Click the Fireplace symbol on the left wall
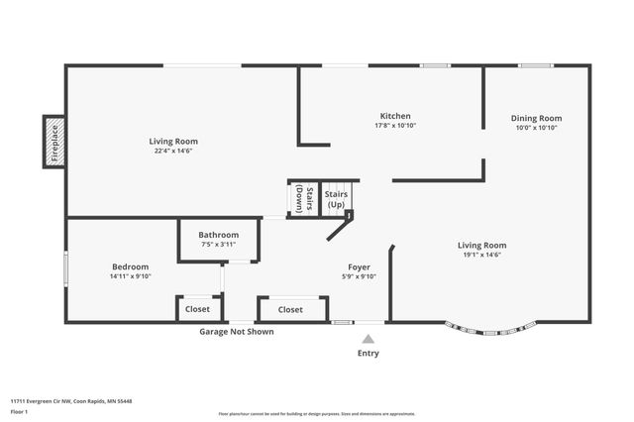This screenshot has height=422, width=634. (x=53, y=142)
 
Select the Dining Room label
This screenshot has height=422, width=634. (x=536, y=118)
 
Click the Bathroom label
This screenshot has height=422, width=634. (x=218, y=235)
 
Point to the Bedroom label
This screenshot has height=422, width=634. (x=130, y=266)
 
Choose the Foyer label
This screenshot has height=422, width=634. (x=359, y=266)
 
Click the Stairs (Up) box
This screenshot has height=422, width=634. (x=337, y=198)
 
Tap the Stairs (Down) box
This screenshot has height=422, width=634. (x=304, y=199)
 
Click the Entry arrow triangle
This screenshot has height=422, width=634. (x=368, y=339)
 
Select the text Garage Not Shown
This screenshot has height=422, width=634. (x=237, y=332)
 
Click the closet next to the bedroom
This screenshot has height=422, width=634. (x=198, y=309)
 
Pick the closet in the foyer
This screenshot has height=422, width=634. (x=290, y=309)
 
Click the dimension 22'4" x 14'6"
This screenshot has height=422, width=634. (x=174, y=152)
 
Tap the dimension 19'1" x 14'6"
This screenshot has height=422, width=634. (x=481, y=255)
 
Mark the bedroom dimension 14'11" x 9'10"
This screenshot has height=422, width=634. (x=130, y=276)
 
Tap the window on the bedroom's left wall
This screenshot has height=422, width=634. (x=66, y=269)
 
